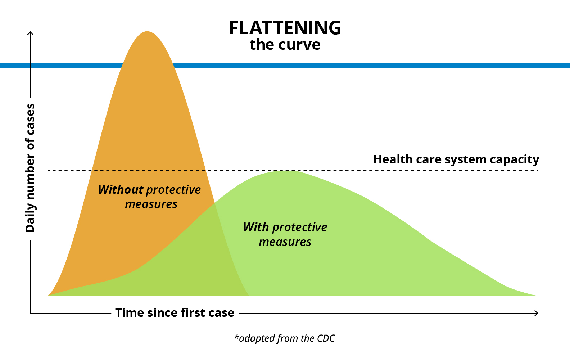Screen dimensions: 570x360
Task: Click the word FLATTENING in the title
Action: click(285, 28)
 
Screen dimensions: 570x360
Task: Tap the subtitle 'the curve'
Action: click(285, 45)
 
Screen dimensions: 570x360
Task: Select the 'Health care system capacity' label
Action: click(456, 160)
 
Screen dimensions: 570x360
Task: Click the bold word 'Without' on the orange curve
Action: click(121, 190)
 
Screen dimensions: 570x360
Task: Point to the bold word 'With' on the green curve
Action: click(256, 227)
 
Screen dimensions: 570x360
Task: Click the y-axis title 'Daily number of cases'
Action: click(30, 168)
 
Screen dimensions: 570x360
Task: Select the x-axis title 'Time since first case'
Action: click(175, 312)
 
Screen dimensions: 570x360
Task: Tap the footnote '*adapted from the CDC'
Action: click(284, 338)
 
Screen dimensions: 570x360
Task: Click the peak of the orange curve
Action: click(147, 32)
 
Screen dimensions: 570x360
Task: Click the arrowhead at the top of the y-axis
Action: click(30, 33)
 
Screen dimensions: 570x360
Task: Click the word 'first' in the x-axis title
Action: click(193, 312)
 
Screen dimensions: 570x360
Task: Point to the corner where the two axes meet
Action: click(30, 313)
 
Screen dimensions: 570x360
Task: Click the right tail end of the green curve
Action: click(535, 295)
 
